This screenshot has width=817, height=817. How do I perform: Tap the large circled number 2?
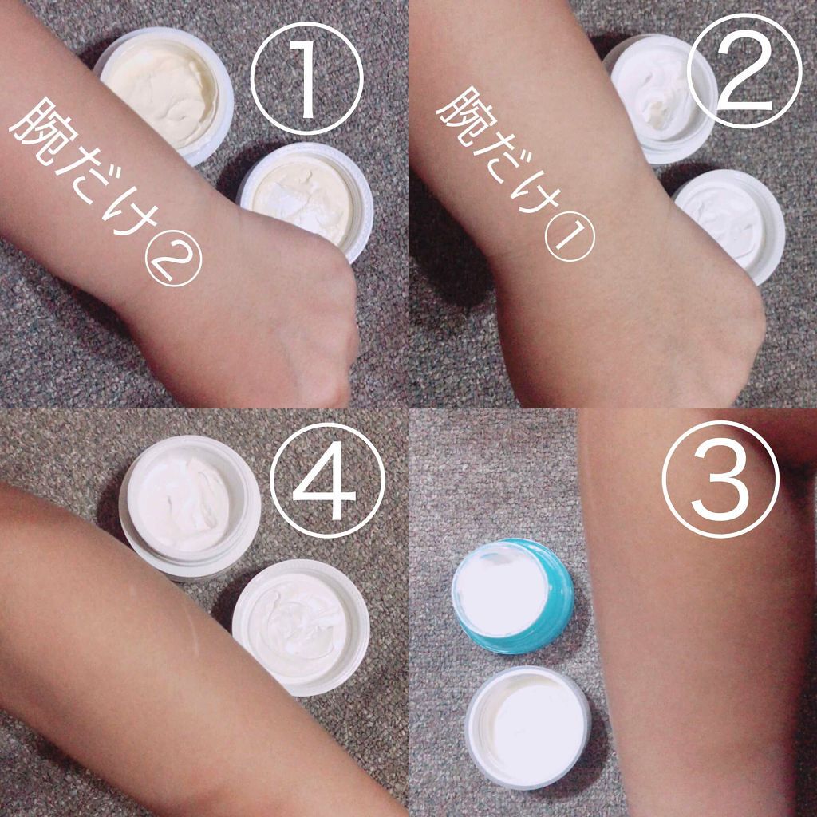pyautogui.click(x=742, y=73)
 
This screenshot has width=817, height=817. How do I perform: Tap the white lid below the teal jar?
pyautogui.click(x=528, y=723)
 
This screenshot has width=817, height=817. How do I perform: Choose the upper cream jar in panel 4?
pyautogui.click(x=190, y=504)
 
